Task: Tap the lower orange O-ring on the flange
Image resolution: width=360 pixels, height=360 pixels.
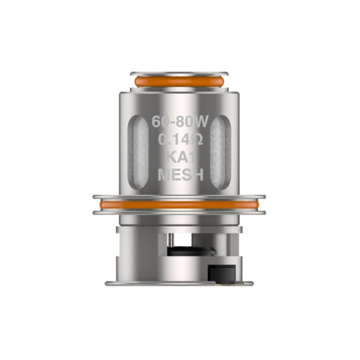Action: (x=179, y=205)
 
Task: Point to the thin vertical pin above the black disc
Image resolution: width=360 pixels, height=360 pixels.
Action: (x=174, y=240)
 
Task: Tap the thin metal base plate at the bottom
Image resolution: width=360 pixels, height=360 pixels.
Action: (x=179, y=283)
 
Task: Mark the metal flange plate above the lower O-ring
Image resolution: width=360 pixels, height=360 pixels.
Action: (x=179, y=198)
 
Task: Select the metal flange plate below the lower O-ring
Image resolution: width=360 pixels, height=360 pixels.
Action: (x=179, y=212)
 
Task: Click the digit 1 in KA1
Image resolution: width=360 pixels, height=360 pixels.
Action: (x=192, y=157)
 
